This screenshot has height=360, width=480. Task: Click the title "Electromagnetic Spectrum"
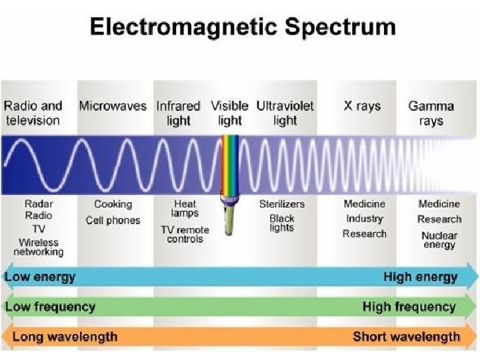[242, 28]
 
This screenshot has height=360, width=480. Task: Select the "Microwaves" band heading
[113, 106]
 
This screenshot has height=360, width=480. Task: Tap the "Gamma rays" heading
[431, 113]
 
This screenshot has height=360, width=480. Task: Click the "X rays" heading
[362, 106]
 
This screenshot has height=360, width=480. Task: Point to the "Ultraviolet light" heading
[285, 113]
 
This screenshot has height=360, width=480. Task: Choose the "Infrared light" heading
[178, 113]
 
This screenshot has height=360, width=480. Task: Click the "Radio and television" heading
[33, 113]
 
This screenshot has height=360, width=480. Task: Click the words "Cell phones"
[113, 221]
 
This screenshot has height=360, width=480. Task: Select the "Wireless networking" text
[39, 247]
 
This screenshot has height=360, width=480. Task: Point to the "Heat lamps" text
[185, 209]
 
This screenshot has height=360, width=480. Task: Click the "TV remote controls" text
[185, 235]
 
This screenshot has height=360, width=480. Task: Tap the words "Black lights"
[282, 223]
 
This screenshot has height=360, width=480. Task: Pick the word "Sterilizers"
[282, 205]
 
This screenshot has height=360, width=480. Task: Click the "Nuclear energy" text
[439, 240]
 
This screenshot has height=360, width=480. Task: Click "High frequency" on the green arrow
[409, 307]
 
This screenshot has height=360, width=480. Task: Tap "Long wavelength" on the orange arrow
[65, 337]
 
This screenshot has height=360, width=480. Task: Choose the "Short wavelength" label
[405, 337]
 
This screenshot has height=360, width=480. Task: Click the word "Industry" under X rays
[364, 219]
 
